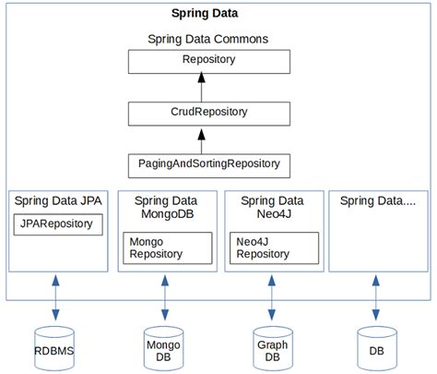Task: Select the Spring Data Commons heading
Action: (207, 40)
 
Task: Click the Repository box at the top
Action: (208, 61)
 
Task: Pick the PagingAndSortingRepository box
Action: (208, 165)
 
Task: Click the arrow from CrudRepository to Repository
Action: (208, 88)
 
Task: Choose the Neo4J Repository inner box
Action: (274, 247)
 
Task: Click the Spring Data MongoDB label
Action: (165, 208)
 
